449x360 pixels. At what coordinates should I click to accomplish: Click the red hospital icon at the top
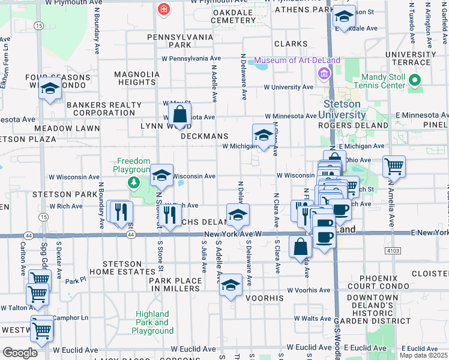pyautogui.click(x=163, y=10)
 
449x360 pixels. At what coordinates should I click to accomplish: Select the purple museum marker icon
pyautogui.click(x=324, y=74)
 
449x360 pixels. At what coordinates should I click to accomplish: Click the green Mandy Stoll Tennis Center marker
pyautogui.click(x=414, y=80)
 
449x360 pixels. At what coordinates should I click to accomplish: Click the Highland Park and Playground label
pyautogui.click(x=152, y=322)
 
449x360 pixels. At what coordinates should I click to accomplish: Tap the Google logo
pyautogui.click(x=20, y=353)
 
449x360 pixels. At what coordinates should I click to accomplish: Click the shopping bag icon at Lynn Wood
pyautogui.click(x=179, y=113)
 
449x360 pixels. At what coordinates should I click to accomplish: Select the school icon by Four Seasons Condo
pyautogui.click(x=50, y=89)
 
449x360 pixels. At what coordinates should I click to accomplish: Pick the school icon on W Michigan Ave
pyautogui.click(x=262, y=136)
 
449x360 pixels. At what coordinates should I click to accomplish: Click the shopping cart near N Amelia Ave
pyautogui.click(x=393, y=166)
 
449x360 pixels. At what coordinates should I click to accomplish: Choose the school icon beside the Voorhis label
pyautogui.click(x=230, y=286)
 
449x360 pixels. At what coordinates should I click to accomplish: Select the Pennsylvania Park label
pyautogui.click(x=181, y=41)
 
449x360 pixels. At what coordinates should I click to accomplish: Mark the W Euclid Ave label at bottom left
pyautogui.click(x=76, y=350)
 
